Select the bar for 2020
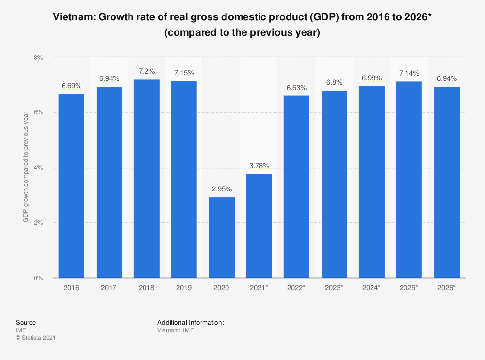222,237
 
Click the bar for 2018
146,179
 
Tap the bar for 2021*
259,226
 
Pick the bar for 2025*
409,180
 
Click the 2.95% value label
222,189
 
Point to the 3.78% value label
259,166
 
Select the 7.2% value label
146,71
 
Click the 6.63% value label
296,87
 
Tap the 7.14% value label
409,73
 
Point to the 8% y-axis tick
38,57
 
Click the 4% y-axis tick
38,168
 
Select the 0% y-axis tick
38,278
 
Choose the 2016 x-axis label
71,288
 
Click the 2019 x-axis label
184,288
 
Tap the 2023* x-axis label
334,288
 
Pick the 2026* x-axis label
446,288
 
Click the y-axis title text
25,168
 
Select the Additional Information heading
190,322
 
